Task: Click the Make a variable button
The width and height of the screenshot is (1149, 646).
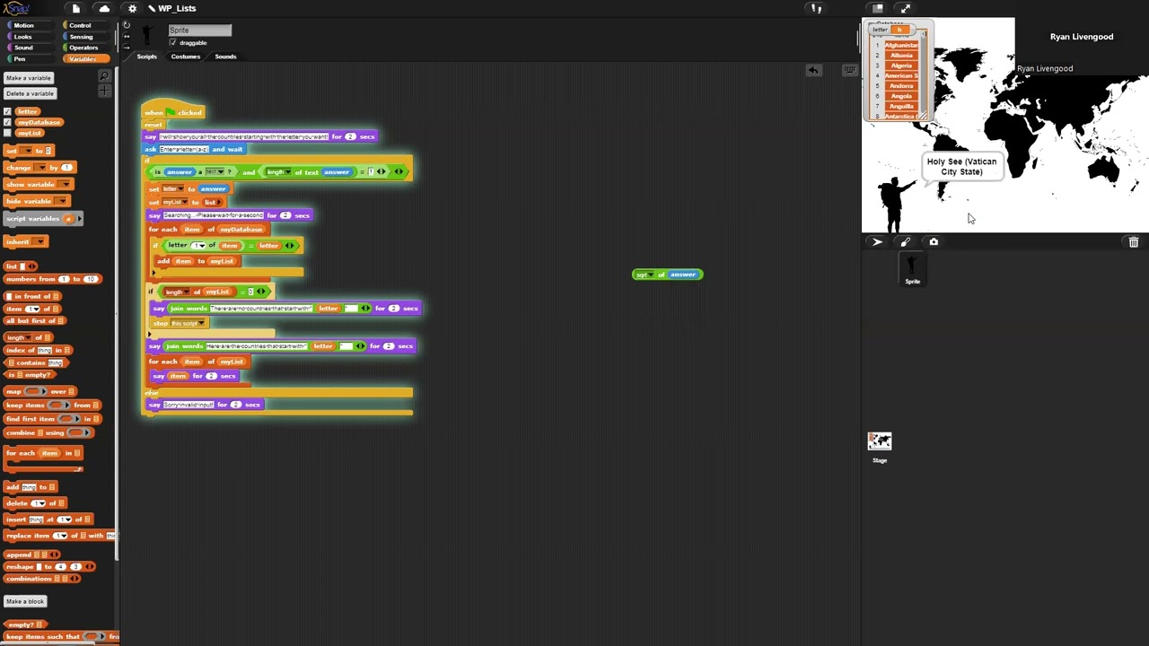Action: click(29, 78)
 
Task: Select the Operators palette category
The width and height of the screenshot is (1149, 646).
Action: click(83, 48)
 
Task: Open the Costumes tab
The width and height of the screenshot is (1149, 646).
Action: click(186, 57)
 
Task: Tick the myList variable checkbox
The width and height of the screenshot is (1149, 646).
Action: click(8, 133)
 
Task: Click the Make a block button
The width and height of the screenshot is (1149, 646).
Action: click(25, 601)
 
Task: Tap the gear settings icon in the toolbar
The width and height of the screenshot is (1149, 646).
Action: click(132, 9)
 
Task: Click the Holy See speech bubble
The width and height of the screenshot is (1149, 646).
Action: click(961, 167)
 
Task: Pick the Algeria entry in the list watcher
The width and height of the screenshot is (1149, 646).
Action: click(901, 65)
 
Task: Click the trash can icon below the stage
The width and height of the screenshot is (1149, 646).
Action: click(1134, 242)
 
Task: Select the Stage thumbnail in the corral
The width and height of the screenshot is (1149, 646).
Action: click(880, 441)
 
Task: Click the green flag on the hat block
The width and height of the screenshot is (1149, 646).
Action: click(170, 112)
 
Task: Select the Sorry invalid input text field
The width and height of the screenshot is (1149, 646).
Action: click(189, 405)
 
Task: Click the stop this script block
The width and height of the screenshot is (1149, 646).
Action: click(180, 323)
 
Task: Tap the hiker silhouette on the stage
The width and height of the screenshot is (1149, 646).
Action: click(892, 202)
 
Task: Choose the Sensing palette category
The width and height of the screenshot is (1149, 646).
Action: click(81, 37)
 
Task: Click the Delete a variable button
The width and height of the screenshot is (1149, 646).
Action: click(30, 93)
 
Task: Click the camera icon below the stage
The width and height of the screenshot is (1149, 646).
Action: click(934, 242)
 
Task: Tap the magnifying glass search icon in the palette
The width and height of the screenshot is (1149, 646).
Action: click(104, 77)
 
